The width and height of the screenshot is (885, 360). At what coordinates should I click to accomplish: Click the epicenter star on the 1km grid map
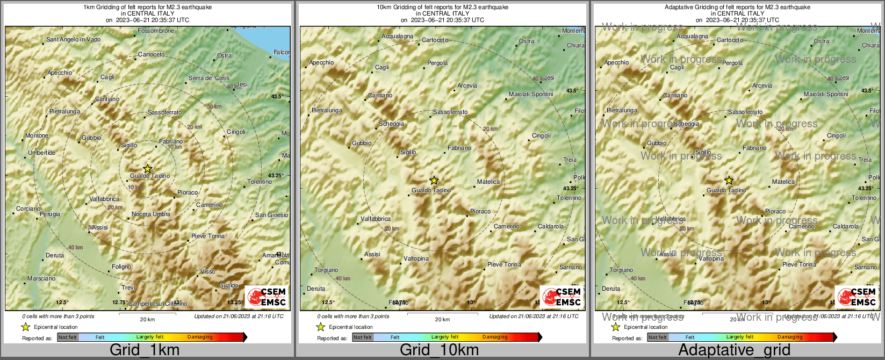(x=148, y=169)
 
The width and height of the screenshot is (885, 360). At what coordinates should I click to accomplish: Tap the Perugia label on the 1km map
(x=50, y=214)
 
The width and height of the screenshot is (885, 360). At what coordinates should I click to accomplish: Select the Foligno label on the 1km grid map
(x=121, y=267)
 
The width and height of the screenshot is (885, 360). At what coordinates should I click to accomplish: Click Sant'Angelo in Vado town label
(x=73, y=39)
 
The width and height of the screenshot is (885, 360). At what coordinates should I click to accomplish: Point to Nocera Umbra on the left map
(x=151, y=214)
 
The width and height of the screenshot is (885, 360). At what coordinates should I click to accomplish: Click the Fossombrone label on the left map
(x=156, y=31)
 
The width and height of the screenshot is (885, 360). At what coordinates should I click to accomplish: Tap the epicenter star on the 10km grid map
(x=434, y=181)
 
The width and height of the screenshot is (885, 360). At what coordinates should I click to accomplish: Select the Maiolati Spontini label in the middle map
(x=531, y=94)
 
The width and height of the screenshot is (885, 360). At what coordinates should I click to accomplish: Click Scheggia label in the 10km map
(x=391, y=124)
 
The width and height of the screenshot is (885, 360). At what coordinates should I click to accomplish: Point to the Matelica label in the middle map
(x=488, y=182)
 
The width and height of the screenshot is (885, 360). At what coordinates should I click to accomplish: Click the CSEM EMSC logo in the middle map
(x=562, y=297)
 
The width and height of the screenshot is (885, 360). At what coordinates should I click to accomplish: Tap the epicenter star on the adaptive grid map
(x=729, y=181)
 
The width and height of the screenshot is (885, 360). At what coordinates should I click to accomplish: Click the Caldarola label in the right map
(x=846, y=226)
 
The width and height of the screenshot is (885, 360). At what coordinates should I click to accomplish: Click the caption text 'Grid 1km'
(x=145, y=350)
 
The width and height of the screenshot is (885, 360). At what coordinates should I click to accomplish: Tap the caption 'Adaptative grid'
(x=734, y=350)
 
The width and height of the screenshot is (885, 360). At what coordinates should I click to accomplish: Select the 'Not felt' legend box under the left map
(x=68, y=337)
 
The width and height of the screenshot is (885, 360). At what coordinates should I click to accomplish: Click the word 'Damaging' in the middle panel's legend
(x=495, y=337)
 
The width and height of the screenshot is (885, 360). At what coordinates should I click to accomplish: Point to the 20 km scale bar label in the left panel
(x=147, y=319)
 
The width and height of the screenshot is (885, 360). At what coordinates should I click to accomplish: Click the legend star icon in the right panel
(x=616, y=327)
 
